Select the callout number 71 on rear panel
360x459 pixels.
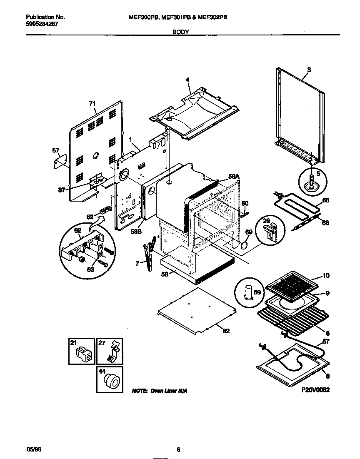tap(92, 103)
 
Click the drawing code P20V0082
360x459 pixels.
tap(315, 391)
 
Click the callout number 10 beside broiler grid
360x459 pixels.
tap(326, 275)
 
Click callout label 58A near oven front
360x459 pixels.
tap(234, 177)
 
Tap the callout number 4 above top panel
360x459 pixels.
tap(187, 80)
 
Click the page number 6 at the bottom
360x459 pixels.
tap(178, 449)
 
